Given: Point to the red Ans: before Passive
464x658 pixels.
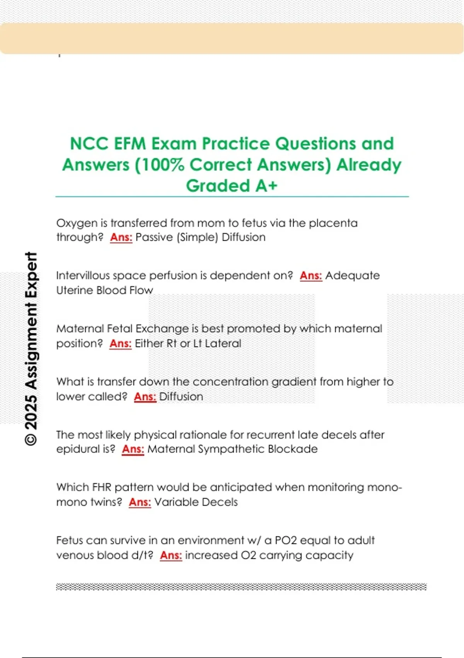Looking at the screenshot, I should click(x=121, y=237).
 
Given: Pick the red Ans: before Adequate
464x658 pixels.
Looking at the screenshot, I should click(x=311, y=276).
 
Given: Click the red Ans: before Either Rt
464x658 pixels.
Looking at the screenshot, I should click(x=120, y=343).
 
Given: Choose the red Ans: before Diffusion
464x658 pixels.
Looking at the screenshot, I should click(x=145, y=397).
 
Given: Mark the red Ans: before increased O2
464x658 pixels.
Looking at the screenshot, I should click(x=171, y=555).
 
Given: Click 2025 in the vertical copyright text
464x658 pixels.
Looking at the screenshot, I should click(x=31, y=412).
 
